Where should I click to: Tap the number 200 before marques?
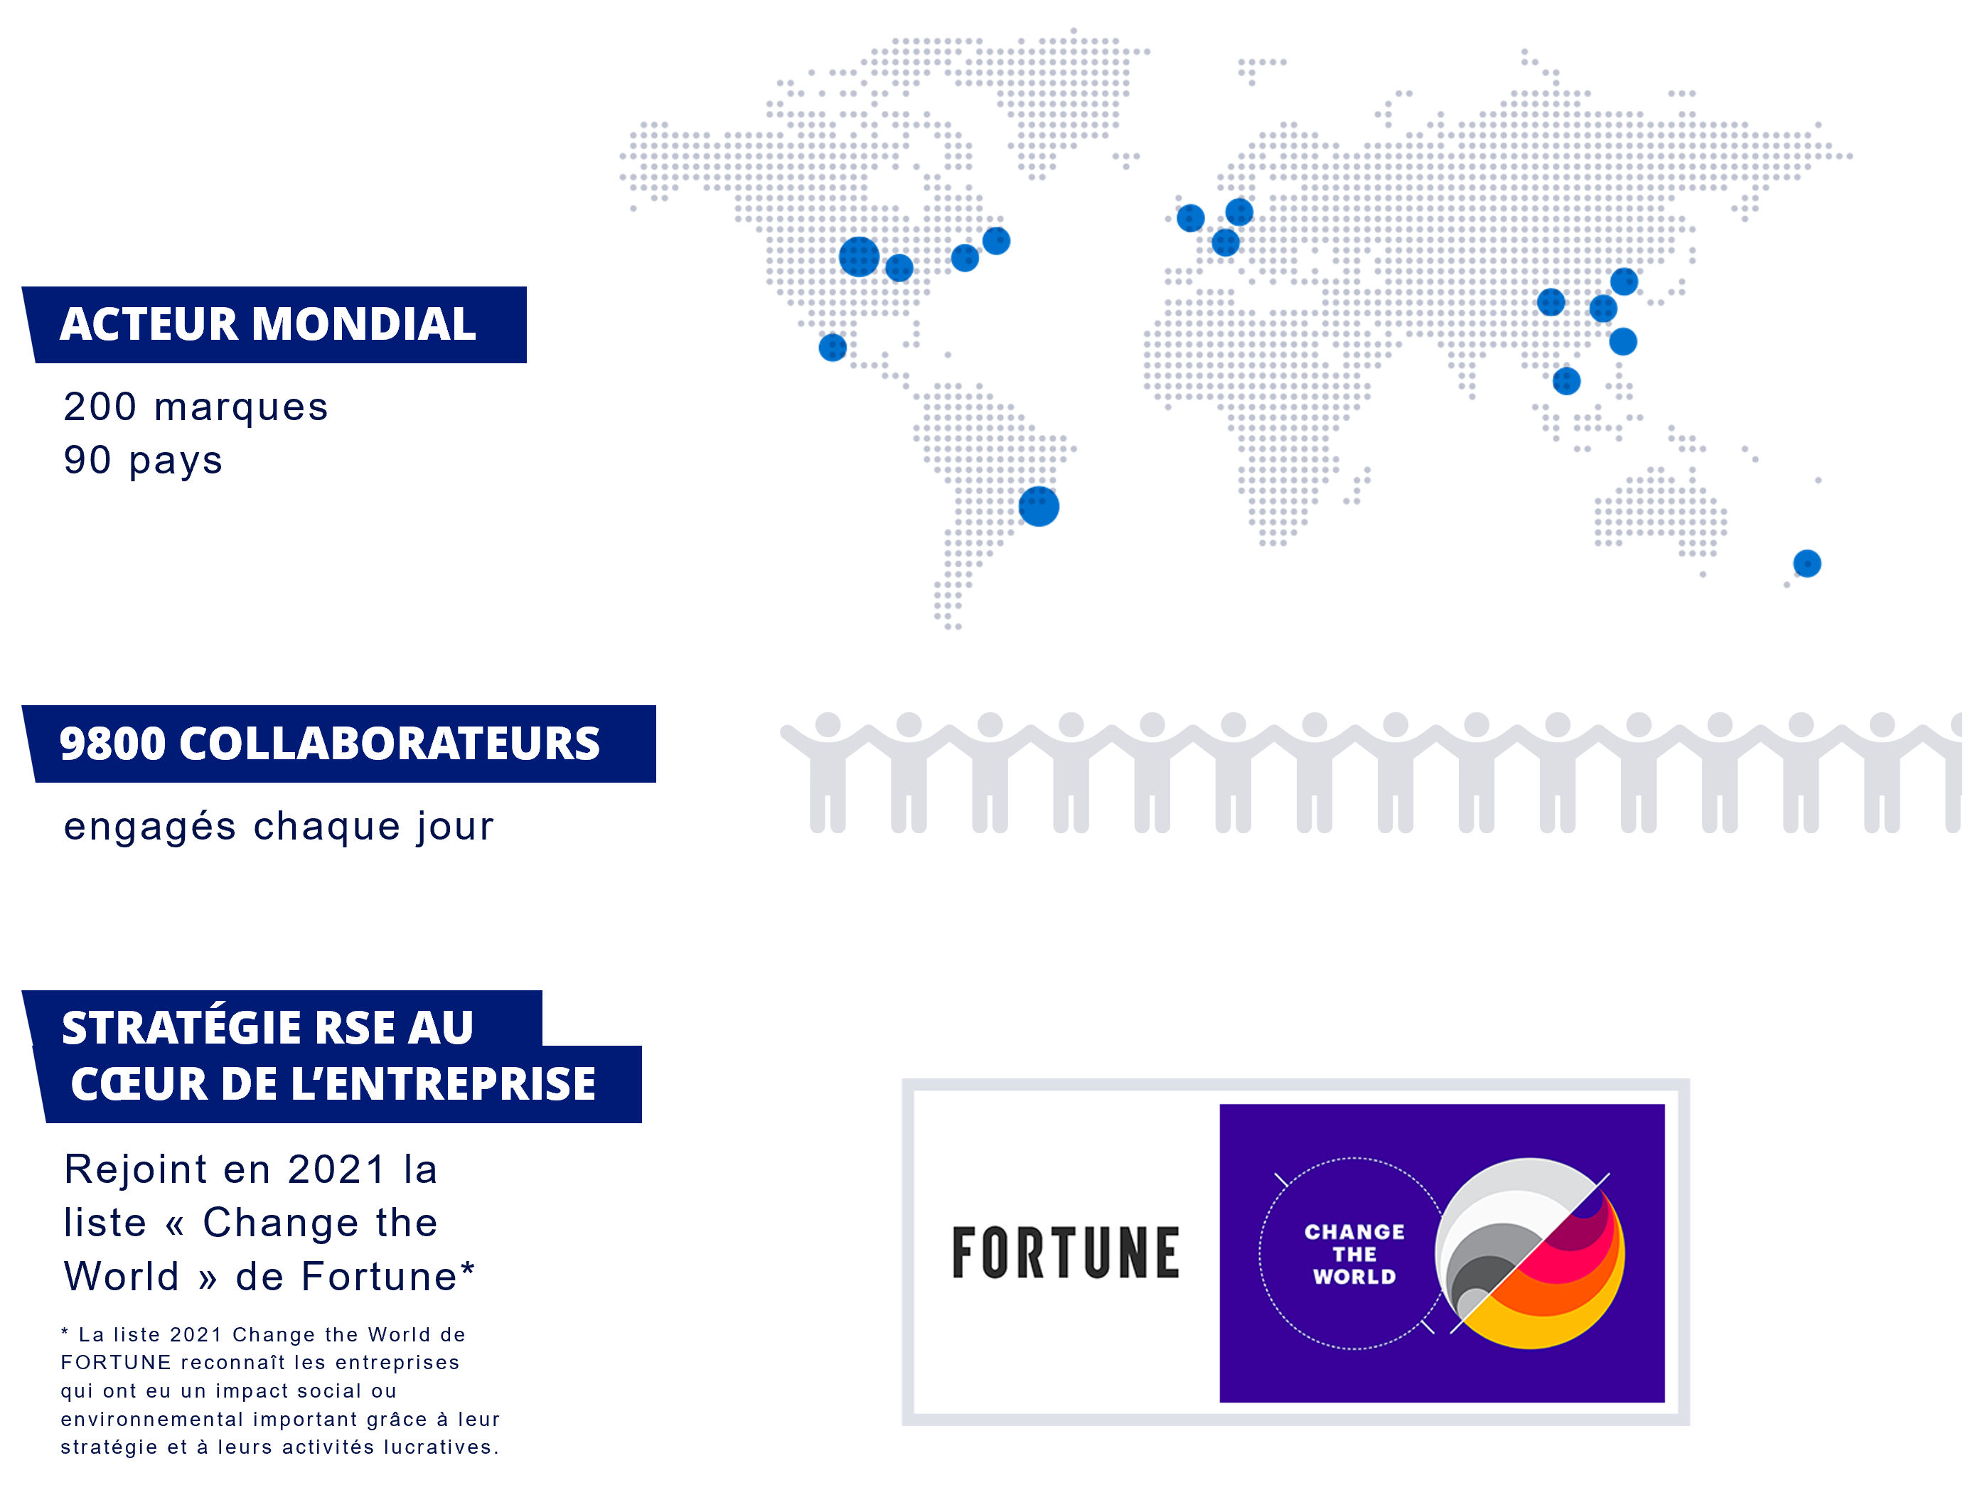100,407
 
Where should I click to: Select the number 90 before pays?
87,460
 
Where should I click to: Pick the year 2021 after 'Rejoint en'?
336,1169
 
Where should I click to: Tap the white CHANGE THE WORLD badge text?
1354,1254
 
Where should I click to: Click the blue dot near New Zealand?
1807,564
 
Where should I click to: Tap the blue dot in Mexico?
833,347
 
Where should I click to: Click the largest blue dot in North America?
860,257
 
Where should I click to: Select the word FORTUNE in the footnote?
115,1363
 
